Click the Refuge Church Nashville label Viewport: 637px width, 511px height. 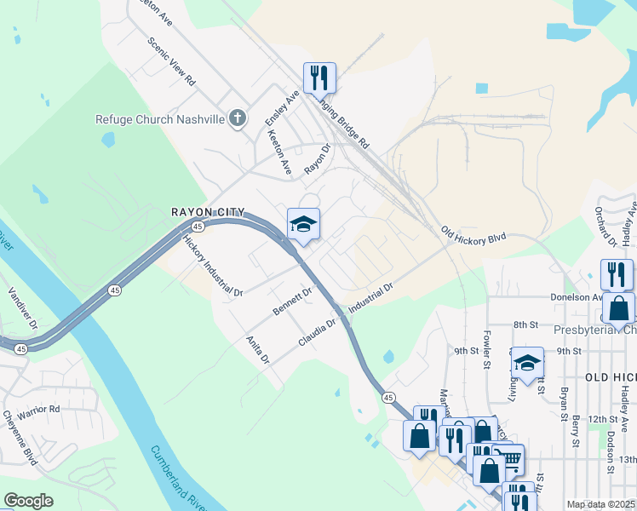159,119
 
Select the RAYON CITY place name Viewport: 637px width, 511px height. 208,212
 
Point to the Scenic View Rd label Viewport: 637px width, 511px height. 171,62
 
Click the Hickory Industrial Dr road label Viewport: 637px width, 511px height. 213,266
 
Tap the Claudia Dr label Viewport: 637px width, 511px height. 318,333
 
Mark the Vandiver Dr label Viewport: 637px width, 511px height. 23,314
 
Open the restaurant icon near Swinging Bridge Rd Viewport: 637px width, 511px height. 319,78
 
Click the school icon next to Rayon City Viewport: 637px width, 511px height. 303,224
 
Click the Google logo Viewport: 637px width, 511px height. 28,501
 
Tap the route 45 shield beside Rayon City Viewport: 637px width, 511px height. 197,227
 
